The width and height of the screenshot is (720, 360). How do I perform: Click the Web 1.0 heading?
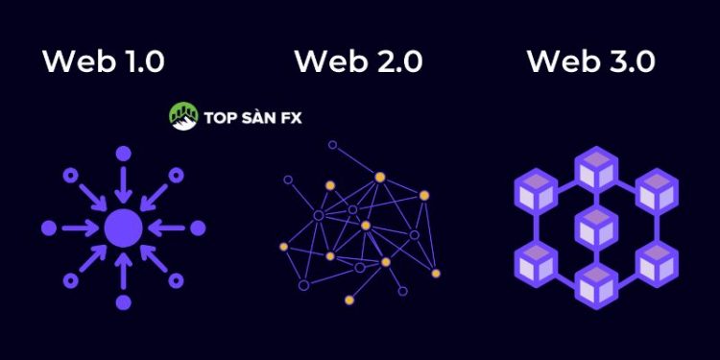(x=103, y=61)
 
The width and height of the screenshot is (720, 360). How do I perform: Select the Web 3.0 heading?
(x=591, y=61)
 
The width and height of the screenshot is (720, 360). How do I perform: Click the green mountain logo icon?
(x=182, y=117)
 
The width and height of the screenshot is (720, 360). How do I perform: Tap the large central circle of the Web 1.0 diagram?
(x=123, y=228)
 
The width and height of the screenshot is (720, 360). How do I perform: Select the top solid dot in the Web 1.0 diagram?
(x=123, y=153)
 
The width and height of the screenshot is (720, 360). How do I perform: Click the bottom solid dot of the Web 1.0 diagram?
(x=123, y=303)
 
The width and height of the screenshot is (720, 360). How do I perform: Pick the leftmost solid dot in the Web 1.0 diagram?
(x=48, y=228)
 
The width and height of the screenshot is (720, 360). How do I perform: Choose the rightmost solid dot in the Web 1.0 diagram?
(x=198, y=228)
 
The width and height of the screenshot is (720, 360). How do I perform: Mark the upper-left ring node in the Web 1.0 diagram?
(x=70, y=176)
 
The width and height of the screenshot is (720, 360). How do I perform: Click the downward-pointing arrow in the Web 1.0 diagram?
(x=123, y=184)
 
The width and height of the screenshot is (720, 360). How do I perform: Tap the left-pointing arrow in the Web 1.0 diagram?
(x=167, y=228)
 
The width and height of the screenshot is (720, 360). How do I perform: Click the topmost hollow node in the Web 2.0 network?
(x=332, y=145)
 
